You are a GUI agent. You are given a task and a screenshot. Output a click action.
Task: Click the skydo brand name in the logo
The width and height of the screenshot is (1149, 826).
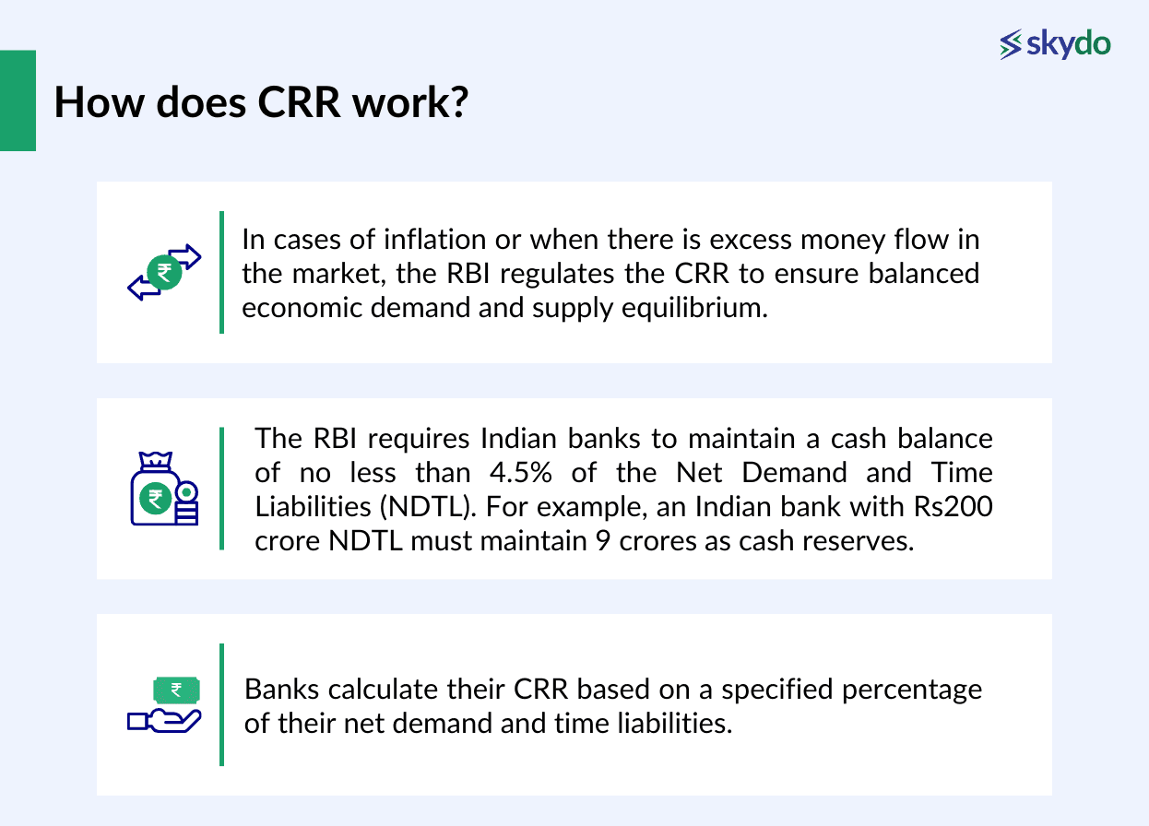[x=1070, y=43]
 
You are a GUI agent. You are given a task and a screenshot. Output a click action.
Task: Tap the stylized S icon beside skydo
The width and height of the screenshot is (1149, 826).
[x=1012, y=44]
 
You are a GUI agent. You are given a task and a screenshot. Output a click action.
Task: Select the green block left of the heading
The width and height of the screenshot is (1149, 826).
[x=18, y=100]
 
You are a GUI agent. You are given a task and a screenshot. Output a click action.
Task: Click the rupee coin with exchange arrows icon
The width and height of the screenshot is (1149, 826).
[x=164, y=272]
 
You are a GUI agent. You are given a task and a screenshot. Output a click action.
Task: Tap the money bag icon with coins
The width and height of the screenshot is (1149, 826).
[x=162, y=490]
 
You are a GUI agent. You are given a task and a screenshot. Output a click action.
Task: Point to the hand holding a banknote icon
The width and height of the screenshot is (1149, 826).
[x=164, y=706]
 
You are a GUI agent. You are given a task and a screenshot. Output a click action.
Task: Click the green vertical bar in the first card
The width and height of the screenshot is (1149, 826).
[x=221, y=272]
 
